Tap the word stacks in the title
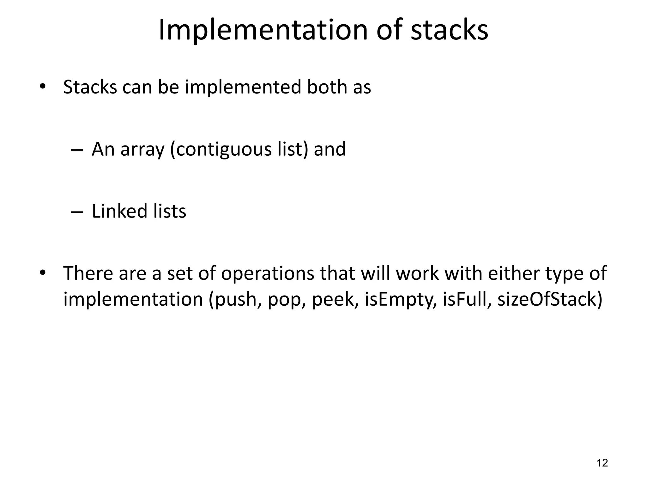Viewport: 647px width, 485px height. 449,30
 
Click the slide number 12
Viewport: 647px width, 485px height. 602,463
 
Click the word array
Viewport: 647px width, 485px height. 142,150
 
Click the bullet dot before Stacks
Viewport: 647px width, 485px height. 43,86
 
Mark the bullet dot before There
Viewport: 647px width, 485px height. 43,272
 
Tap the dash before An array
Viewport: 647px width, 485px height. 77,149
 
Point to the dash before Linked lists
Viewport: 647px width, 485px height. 77,212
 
